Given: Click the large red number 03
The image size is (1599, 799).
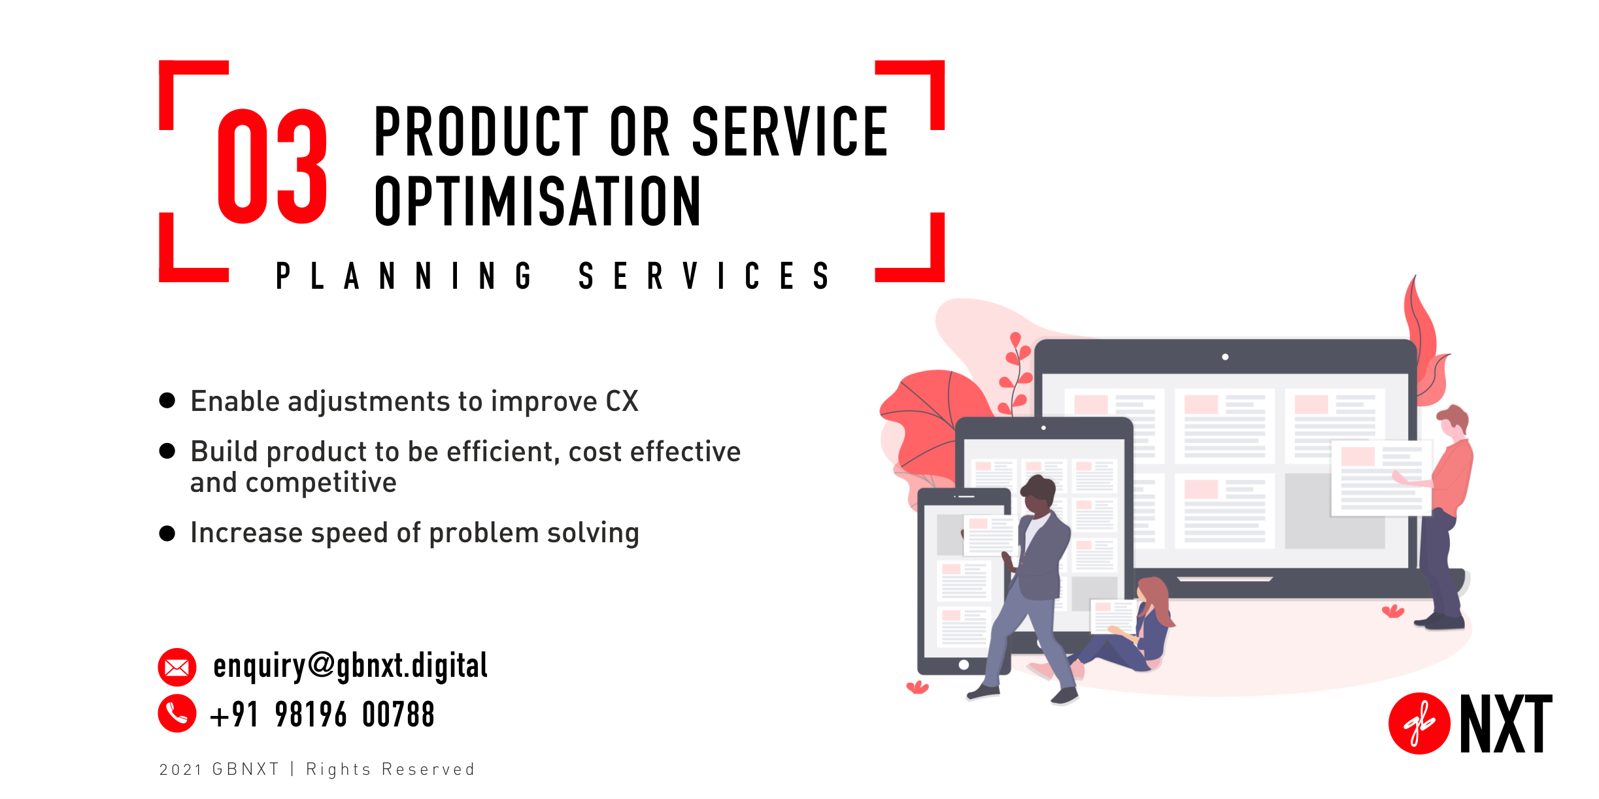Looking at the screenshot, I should [272, 167].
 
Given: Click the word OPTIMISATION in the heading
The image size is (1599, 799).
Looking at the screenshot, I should [537, 202].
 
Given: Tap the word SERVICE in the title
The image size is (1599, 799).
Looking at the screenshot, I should [790, 132].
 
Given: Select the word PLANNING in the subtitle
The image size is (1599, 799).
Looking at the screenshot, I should [403, 276].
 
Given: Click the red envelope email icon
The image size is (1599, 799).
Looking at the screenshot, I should [177, 667].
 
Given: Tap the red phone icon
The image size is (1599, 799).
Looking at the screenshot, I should [177, 713].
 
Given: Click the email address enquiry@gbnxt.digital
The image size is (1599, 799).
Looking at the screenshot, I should [350, 666].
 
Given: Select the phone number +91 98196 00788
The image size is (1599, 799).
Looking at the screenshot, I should [322, 714].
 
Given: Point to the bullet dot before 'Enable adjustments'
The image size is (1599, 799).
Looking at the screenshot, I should [167, 400].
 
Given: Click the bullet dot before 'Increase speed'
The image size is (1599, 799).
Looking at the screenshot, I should [167, 533].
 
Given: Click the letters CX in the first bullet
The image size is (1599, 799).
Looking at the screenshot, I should [622, 401].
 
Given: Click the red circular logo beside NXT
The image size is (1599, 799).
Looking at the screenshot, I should [1419, 723].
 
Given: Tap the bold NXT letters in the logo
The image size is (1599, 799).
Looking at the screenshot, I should [1506, 723].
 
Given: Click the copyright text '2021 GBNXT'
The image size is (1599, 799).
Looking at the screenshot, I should [219, 770].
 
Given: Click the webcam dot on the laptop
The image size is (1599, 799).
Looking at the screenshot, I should [1225, 357].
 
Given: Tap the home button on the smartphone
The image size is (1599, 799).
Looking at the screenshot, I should [964, 664].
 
